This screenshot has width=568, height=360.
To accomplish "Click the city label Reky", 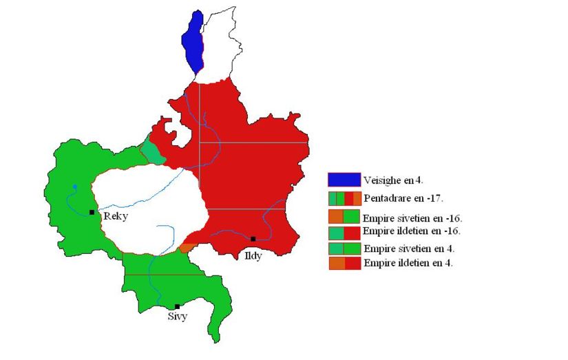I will click(x=115, y=216).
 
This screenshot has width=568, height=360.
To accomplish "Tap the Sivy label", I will click(x=177, y=317).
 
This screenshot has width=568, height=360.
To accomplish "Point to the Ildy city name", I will click(x=253, y=255).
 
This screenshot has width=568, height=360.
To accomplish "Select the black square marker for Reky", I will click(x=92, y=212).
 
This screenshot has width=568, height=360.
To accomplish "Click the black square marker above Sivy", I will click(x=178, y=306).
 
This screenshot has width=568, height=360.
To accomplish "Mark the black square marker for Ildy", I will click(x=253, y=239).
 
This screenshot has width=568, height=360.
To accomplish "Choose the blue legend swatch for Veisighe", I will click(x=344, y=180).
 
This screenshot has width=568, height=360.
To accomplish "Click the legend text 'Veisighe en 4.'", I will click(x=393, y=180).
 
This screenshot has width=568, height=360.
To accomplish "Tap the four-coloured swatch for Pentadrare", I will click(x=344, y=199).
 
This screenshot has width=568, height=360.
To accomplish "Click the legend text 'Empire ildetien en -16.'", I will click(x=412, y=231).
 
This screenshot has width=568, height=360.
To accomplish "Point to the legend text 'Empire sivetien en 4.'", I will click(x=409, y=248).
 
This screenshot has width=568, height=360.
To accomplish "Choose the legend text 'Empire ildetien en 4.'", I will click(x=408, y=263).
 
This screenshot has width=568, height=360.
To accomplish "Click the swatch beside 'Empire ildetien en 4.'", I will click(x=344, y=263).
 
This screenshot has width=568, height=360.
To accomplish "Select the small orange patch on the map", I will click(x=187, y=247).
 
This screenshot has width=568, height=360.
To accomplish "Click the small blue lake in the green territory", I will click(x=74, y=187).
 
